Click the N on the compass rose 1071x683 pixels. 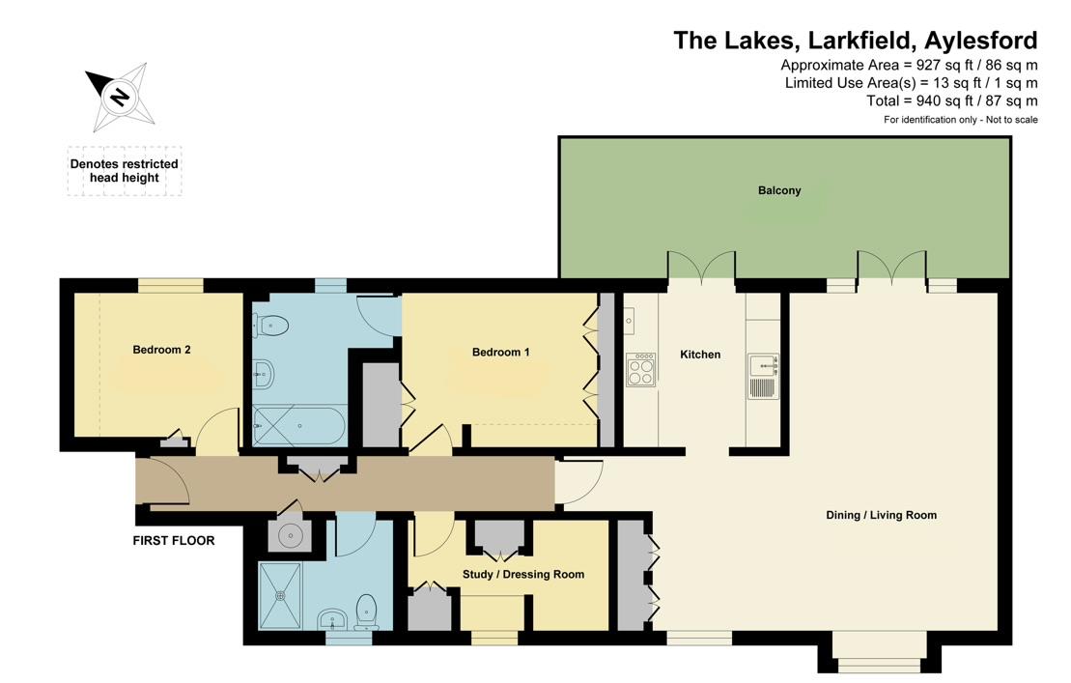(119, 97)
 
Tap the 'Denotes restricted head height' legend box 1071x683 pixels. (124, 171)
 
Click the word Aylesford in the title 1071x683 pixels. (980, 41)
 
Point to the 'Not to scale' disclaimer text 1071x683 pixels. (1010, 120)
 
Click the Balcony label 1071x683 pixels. (779, 190)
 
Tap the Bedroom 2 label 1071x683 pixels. (161, 350)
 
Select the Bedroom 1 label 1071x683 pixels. (500, 353)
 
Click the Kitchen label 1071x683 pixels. (700, 355)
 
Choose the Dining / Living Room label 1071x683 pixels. (881, 515)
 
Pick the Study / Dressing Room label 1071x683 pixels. (523, 574)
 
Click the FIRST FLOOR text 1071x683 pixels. (174, 541)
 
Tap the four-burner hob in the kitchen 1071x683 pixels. (640, 369)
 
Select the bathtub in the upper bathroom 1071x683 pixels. (296, 425)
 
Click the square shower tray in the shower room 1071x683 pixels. (282, 594)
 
